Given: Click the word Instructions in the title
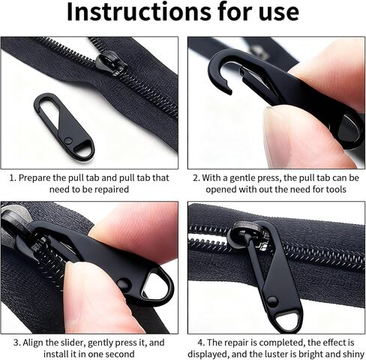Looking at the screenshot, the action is click(139, 12).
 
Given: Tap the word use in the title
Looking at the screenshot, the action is click(279, 13).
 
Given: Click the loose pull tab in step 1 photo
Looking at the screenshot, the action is click(64, 126).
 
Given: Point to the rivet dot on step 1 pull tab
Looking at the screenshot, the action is click(67, 140).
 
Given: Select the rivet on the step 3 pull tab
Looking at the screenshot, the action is click(124, 284).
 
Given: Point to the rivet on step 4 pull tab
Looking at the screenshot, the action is click(272, 301).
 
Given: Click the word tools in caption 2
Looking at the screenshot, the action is click(336, 190).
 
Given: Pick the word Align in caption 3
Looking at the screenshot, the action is click(33, 343).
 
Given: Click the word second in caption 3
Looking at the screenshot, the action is click(120, 354).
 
